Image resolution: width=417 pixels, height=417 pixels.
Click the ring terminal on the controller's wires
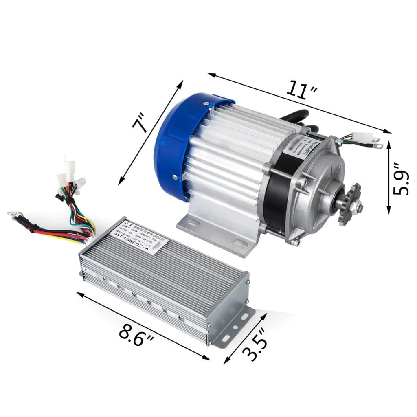click(13, 213)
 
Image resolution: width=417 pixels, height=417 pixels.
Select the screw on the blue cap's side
click(175, 177)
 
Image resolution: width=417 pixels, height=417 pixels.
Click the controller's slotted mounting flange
click(236, 326)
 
